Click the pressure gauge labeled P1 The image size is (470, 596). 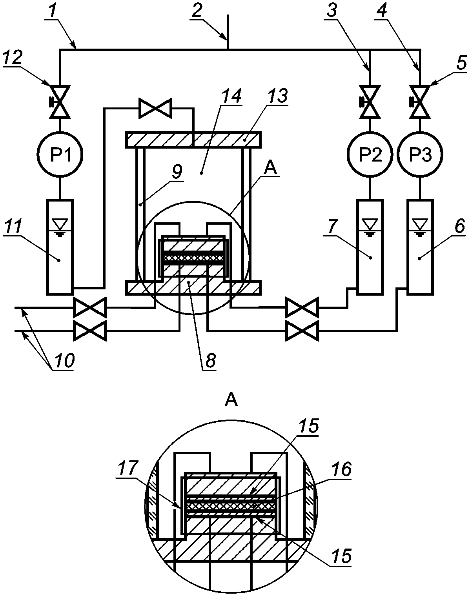[x=60, y=154]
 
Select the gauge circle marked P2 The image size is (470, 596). [x=370, y=154]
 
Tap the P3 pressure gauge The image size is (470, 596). [x=420, y=154]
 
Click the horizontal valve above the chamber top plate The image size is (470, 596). [x=155, y=109]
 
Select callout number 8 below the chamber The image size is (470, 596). [x=209, y=360]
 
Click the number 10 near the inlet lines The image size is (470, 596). [x=64, y=360]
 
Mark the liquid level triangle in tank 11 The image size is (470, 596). [x=60, y=223]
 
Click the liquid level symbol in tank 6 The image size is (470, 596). [x=420, y=223]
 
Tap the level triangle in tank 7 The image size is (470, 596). [x=370, y=223]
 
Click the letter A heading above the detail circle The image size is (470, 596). [x=231, y=401]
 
